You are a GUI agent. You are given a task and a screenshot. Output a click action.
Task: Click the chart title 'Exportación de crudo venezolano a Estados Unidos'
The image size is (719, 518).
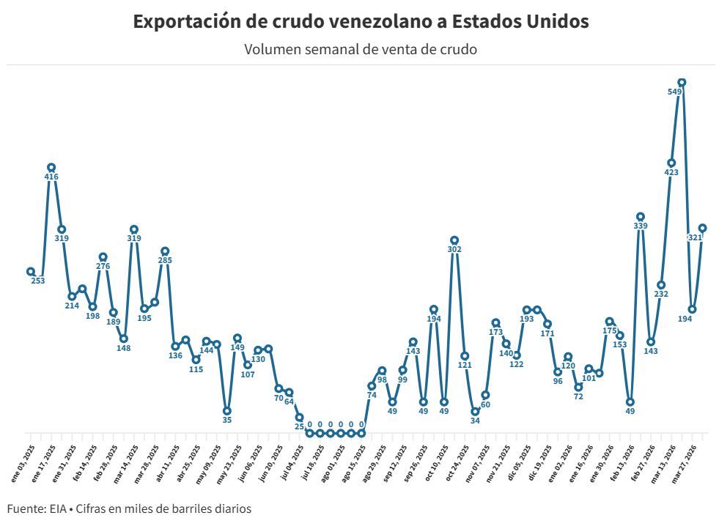click(361, 22)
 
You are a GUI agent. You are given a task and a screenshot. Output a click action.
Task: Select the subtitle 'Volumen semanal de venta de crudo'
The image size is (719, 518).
click(361, 50)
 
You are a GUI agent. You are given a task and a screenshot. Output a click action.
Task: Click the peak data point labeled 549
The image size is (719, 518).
click(682, 83)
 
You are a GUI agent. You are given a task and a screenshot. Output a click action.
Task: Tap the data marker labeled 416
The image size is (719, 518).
click(51, 168)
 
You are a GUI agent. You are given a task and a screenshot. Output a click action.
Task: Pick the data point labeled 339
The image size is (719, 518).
click(641, 217)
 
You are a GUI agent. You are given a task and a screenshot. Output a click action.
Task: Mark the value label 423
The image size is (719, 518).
click(671, 173)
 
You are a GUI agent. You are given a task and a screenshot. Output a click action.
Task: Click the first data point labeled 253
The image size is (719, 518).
click(31, 272)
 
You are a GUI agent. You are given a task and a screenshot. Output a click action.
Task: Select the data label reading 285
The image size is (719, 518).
click(165, 261)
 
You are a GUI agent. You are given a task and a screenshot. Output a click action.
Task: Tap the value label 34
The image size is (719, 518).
click(475, 421)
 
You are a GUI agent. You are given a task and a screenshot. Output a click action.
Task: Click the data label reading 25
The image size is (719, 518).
click(299, 426)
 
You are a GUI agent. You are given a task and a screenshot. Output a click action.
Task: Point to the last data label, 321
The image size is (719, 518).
click(696, 238)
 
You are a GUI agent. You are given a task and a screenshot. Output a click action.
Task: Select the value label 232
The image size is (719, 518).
click(661, 295)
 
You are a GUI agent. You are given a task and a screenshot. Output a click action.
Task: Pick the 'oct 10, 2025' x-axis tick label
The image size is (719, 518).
click(438, 459)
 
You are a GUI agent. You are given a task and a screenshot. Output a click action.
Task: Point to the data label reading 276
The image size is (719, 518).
click(103, 267)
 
